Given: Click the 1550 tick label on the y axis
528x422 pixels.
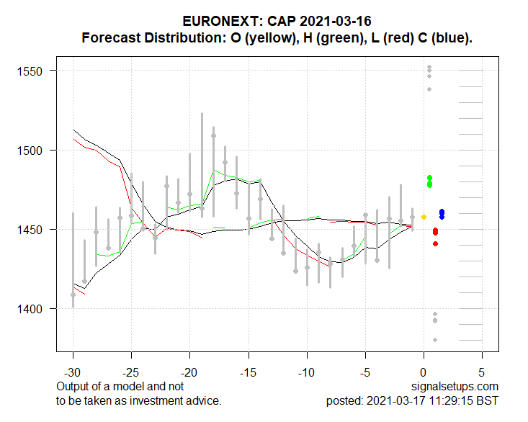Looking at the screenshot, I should pos(32,71).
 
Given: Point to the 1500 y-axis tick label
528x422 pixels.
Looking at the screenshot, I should pos(32,151).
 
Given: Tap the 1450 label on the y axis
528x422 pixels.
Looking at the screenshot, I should pos(32,230).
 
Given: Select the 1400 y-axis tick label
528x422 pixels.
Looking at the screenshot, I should pos(32,309).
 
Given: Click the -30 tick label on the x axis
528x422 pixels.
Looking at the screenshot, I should pos(73,374).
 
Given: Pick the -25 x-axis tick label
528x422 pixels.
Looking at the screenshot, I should pos(131,374).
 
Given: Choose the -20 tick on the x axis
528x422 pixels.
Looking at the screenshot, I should pos(189,374).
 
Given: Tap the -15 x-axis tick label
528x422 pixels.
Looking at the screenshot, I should pos(248,374).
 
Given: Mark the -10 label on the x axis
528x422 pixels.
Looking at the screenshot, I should pos(306,374).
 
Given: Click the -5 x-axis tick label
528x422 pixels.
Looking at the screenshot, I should pos(365,374).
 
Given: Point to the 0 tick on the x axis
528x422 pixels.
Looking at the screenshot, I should pos(424,374).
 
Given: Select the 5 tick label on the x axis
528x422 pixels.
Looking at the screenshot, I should pos(482,374).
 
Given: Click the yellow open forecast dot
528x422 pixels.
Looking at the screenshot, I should pos(424,217).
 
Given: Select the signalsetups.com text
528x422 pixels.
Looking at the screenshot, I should pos(460,387).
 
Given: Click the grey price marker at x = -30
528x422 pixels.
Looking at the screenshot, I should pos(73,295).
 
